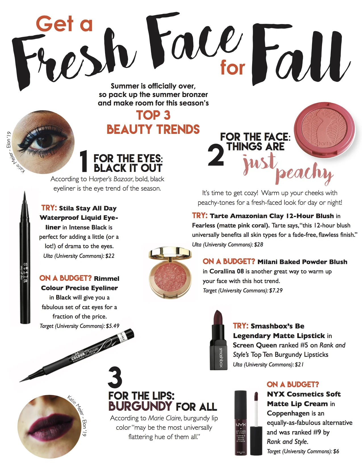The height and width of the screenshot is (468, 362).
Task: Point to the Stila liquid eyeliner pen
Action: (25, 258)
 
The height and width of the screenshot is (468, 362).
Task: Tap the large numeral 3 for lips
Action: (115, 378)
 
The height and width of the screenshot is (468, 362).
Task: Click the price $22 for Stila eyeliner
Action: (110, 256)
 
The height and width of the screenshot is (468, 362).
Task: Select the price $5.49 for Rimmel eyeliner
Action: (112, 326)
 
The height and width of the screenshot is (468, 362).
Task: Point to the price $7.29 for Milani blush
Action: (276, 290)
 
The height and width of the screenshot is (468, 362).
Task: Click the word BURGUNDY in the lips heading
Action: (140, 406)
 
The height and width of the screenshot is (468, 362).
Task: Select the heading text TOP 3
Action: (153, 115)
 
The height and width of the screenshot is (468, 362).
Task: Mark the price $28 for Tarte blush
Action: (258, 244)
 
